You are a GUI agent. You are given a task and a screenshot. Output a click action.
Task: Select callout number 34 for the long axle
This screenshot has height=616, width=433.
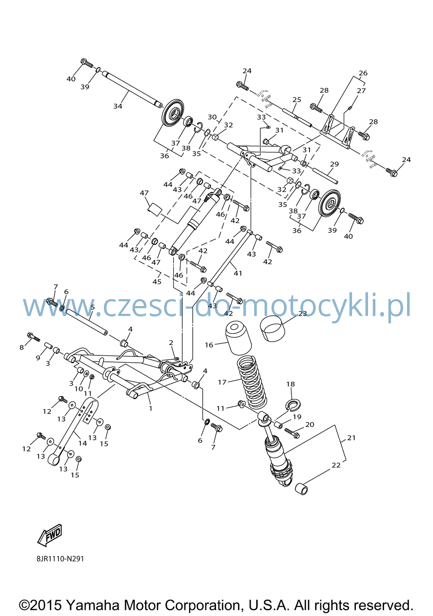118,106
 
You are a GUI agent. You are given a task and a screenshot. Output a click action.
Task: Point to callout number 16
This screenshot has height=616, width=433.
209,345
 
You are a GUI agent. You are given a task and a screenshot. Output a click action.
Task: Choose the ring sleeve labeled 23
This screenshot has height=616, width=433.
272,329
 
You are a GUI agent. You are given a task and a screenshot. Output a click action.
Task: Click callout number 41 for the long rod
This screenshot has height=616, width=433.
238,273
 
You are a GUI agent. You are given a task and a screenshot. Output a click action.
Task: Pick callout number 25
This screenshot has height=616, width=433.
297,99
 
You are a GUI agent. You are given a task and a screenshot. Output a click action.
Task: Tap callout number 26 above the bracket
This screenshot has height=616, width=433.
363,73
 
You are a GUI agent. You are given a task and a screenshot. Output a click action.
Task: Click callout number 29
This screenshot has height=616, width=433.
334,164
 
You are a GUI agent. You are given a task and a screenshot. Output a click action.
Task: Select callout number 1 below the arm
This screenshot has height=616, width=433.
151,408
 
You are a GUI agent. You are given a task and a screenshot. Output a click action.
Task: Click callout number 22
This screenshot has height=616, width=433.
336,465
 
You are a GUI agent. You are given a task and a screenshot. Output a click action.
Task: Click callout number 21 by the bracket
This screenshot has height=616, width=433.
351,438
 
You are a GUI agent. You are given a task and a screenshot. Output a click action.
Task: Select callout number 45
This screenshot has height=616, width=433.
157,282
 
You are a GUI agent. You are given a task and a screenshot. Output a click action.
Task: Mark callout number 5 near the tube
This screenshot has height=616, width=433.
93,307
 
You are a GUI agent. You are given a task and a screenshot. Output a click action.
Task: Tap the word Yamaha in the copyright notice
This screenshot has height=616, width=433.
93,605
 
